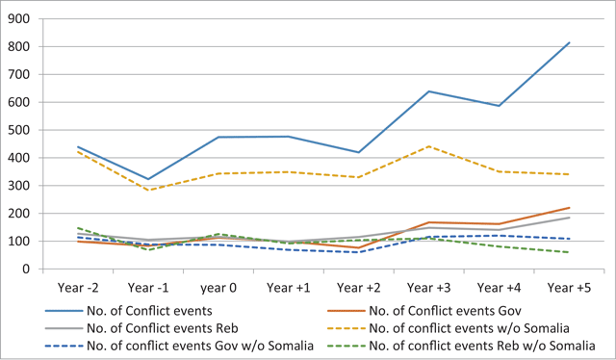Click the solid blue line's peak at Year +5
(x=569, y=42)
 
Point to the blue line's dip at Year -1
(x=148, y=179)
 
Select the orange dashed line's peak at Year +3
(x=429, y=146)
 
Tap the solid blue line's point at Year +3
(x=429, y=91)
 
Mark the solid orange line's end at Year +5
(x=569, y=208)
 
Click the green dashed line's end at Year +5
(x=569, y=252)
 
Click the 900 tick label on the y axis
(x=18, y=18)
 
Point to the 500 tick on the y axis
(x=18, y=130)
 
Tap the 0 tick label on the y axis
(x=26, y=270)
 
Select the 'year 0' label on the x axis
(x=218, y=288)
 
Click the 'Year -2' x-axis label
(x=78, y=288)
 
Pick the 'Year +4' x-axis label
(x=499, y=288)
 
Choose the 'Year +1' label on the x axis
(x=289, y=288)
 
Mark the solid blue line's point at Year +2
(x=359, y=152)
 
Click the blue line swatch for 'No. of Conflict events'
(x=64, y=311)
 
